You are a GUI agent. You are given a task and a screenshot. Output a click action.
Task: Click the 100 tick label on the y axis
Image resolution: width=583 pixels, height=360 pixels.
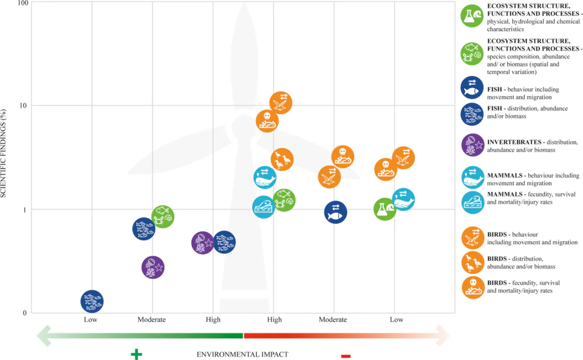(x=22, y=4)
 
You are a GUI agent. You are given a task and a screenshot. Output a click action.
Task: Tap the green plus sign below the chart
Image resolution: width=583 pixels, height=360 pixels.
(x=136, y=354)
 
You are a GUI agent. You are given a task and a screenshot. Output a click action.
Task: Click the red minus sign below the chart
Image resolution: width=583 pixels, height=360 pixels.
(x=346, y=356)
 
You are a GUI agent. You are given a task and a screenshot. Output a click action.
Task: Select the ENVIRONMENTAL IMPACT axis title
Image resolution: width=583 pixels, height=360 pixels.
(x=243, y=354)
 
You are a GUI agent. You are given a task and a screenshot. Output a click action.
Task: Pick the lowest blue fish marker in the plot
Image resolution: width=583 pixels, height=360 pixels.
(x=92, y=301)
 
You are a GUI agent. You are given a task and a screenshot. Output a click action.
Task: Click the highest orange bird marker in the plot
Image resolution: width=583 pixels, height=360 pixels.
(x=281, y=103)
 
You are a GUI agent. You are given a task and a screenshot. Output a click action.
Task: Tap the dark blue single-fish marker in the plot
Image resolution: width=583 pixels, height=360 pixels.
(x=335, y=212)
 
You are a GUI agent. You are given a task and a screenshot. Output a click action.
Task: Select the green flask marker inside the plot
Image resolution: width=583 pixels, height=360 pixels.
(x=385, y=209)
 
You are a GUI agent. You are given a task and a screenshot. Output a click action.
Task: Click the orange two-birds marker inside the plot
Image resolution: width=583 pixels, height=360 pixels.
(x=282, y=160)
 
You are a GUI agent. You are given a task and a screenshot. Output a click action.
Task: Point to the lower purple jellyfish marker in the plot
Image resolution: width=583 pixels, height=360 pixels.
(x=153, y=267)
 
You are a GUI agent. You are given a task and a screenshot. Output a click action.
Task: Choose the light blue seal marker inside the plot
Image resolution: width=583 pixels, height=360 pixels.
(x=264, y=207)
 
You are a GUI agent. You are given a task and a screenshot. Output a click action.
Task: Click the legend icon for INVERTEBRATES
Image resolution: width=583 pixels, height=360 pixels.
(x=473, y=145)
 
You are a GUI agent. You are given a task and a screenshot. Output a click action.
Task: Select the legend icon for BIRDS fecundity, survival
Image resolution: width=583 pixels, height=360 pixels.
(x=473, y=287)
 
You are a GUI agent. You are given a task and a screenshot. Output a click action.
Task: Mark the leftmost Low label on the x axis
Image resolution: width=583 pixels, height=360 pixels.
(x=91, y=320)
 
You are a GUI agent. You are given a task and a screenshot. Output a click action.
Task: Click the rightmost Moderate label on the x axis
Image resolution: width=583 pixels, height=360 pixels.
(x=332, y=320)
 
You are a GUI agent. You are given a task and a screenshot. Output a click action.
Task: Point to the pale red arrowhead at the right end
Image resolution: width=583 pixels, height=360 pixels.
(x=442, y=335)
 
